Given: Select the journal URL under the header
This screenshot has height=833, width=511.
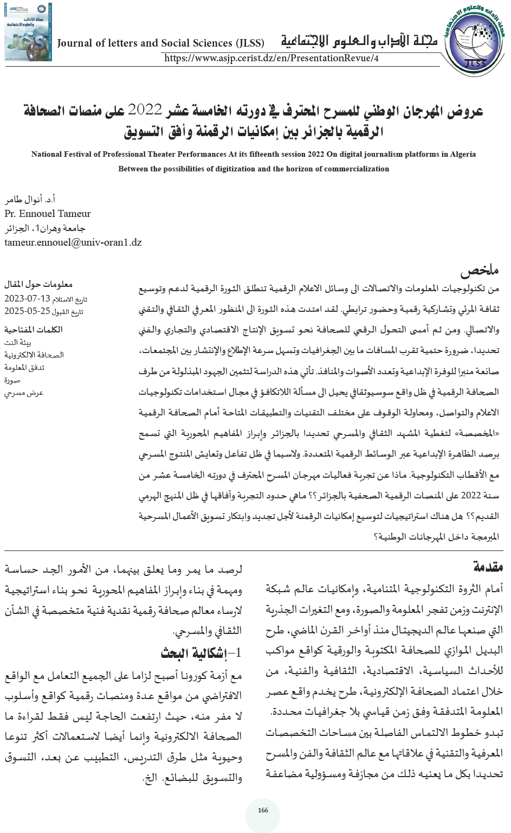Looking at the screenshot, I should click(x=271, y=58).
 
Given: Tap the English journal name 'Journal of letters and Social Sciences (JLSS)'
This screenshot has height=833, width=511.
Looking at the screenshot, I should click(x=160, y=43).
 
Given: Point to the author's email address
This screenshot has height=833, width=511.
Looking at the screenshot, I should click(x=73, y=242).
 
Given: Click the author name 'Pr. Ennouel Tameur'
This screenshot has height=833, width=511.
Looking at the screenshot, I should click(x=48, y=214).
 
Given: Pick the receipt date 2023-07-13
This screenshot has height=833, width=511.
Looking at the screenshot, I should click(x=27, y=299).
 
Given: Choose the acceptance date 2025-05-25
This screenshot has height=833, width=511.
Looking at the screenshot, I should click(x=27, y=311).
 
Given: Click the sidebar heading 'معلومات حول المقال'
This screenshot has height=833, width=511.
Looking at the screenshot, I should click(x=38, y=284).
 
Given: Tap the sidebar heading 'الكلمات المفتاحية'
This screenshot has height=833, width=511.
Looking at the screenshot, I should click(x=34, y=329).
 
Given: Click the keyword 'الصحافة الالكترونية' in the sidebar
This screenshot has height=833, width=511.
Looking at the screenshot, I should click(x=34, y=355).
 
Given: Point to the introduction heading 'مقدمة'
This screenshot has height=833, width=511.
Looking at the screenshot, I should click(x=488, y=567).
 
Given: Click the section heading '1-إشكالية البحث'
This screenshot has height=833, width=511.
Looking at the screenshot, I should click(x=201, y=653).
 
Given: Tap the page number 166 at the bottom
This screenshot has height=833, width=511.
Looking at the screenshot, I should click(x=263, y=810).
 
